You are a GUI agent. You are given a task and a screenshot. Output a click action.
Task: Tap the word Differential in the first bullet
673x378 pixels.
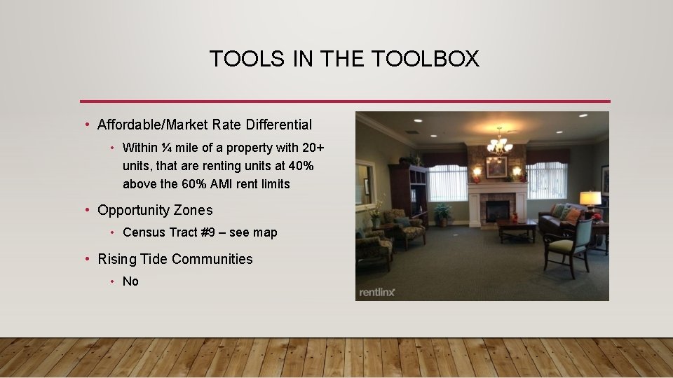pyautogui.click(x=278, y=125)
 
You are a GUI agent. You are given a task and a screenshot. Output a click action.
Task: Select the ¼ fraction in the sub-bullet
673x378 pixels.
pyautogui.click(x=165, y=148)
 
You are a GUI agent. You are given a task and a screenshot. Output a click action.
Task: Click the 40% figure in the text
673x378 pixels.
pyautogui.click(x=297, y=166)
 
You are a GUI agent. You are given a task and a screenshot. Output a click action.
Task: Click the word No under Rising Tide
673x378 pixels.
pyautogui.click(x=130, y=281)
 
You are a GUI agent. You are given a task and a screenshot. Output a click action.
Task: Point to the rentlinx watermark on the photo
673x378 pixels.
pyautogui.click(x=376, y=292)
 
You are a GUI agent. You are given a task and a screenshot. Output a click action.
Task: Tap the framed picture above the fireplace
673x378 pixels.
pyautogui.click(x=496, y=167)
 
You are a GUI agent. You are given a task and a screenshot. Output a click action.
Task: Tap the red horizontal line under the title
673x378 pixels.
pyautogui.click(x=345, y=101)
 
